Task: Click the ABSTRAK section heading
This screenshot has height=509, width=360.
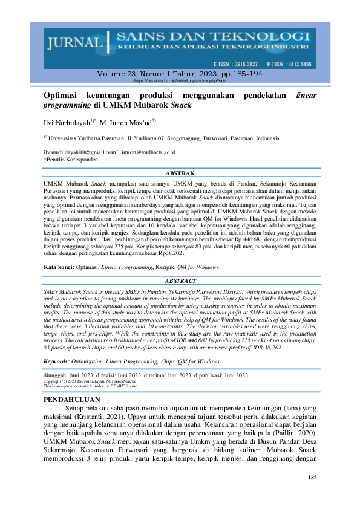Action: [x=180, y=173]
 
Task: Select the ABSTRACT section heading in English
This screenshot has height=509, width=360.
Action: [x=180, y=281]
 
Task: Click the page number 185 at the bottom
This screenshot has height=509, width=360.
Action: [x=312, y=478]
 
